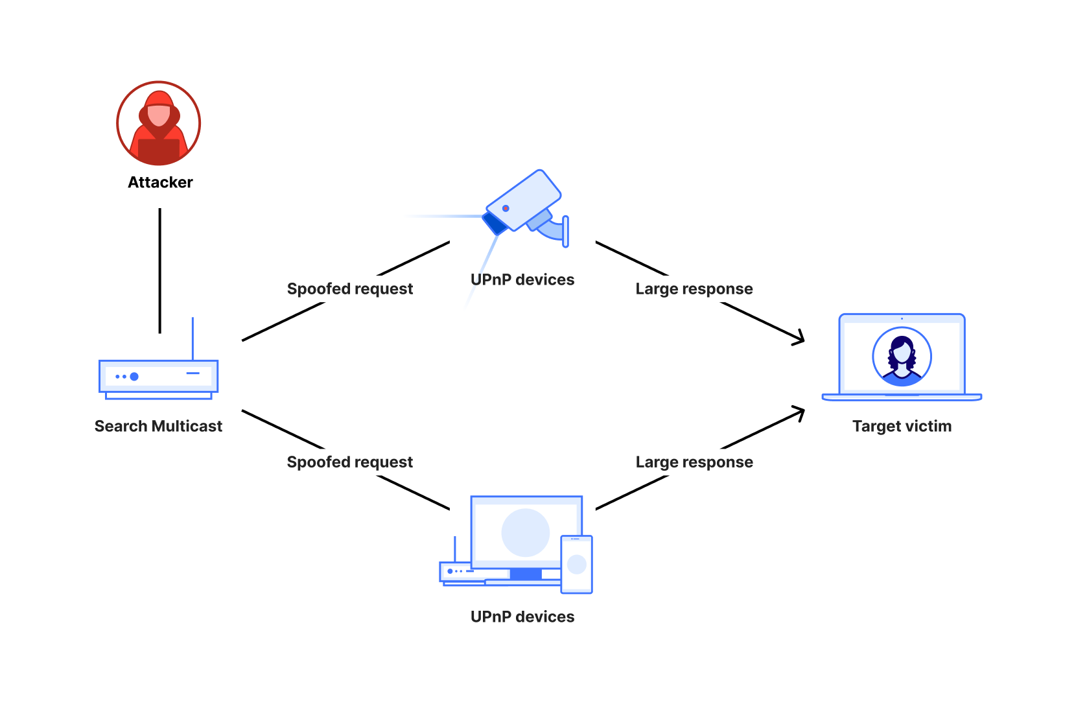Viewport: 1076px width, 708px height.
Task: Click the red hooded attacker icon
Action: pyautogui.click(x=158, y=123)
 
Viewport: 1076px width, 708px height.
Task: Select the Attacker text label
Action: pyautogui.click(x=160, y=182)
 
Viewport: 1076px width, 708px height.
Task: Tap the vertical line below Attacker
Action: pyautogui.click(x=159, y=270)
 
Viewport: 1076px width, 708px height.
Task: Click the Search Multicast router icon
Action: pyautogui.click(x=158, y=378)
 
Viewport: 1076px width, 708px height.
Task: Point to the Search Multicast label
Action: pyautogui.click(x=158, y=426)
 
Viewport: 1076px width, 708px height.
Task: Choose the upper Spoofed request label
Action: pyautogui.click(x=349, y=289)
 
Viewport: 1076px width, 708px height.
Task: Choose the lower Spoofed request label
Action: pyautogui.click(x=349, y=462)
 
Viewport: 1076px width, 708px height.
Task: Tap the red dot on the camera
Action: pyautogui.click(x=506, y=208)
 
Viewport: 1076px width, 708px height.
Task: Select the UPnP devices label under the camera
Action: pyautogui.click(x=522, y=279)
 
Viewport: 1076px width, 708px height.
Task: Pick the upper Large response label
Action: pyautogui.click(x=694, y=289)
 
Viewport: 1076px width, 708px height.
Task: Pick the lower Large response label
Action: pyautogui.click(x=694, y=462)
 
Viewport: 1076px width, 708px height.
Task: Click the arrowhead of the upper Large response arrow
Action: pyautogui.click(x=801, y=338)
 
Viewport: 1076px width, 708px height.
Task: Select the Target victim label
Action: pyautogui.click(x=902, y=426)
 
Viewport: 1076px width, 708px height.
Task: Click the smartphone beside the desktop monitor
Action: pyautogui.click(x=576, y=564)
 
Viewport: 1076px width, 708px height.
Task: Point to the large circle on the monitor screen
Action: pyautogui.click(x=525, y=532)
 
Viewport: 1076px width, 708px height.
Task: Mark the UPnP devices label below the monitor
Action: pyautogui.click(x=522, y=617)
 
